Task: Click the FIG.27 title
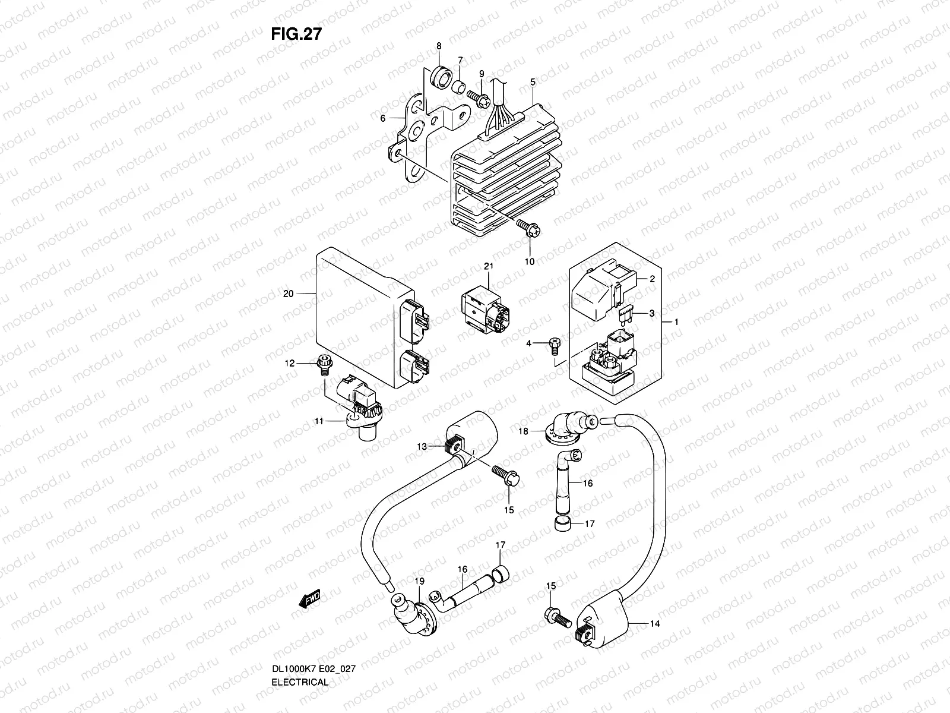tap(296, 34)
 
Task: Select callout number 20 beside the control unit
tap(289, 293)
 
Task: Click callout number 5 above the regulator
tap(533, 81)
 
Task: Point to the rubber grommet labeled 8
tap(440, 76)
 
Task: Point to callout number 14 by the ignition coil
tap(655, 624)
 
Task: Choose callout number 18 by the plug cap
tap(524, 432)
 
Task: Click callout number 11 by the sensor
tap(319, 421)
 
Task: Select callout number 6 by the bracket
tap(383, 118)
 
